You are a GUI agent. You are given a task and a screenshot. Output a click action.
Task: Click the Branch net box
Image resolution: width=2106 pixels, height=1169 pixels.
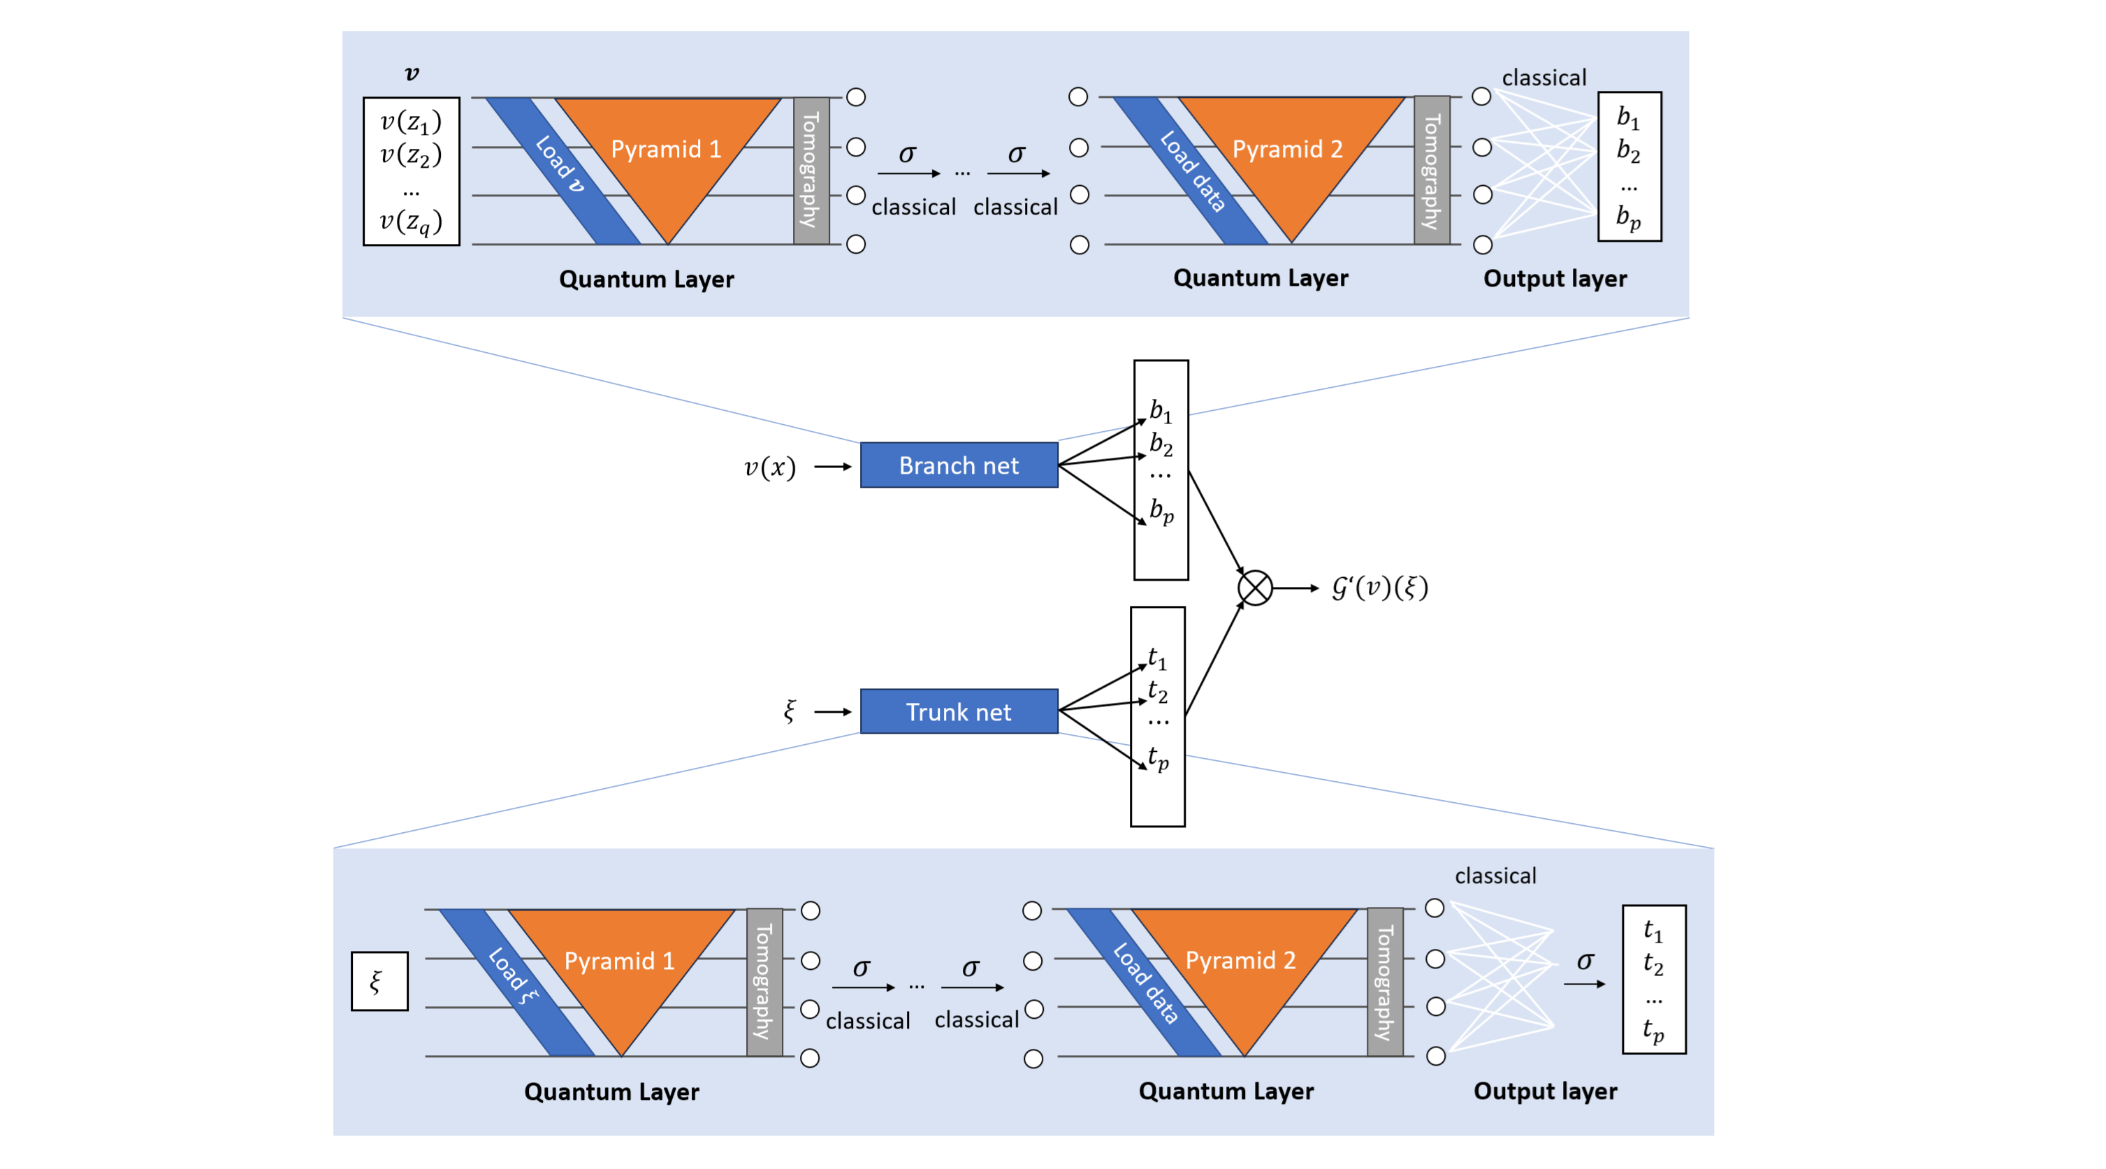coord(958,465)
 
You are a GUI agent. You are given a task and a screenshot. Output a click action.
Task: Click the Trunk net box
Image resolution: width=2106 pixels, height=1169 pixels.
coord(958,711)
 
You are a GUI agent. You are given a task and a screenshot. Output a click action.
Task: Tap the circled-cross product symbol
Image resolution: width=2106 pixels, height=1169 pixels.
coord(1254,588)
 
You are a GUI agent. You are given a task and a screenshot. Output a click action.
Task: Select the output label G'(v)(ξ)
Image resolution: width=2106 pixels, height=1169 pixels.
coord(1379,587)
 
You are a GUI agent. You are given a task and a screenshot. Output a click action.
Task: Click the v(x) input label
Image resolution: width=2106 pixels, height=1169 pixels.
coord(769,467)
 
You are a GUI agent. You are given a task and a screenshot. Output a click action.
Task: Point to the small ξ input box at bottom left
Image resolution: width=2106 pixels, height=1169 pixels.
coord(379,981)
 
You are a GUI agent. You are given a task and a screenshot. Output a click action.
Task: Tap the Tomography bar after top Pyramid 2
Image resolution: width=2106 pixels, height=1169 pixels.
coord(1432,170)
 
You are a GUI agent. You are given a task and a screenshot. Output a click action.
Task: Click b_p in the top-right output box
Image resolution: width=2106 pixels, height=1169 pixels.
coord(1628,217)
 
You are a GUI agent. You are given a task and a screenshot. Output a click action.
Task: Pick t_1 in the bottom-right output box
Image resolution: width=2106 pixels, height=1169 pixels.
coord(1653,930)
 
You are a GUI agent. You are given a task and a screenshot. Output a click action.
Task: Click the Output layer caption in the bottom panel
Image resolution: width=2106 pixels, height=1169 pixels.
coord(1544,1091)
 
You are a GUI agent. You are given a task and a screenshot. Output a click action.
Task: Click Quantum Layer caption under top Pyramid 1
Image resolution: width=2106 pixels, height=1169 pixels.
coord(646,279)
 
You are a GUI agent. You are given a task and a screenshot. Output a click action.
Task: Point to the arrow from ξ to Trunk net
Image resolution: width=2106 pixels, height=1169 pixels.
coord(832,711)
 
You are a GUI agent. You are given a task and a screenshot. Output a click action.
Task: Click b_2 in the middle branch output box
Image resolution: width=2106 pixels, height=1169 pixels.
coord(1160,444)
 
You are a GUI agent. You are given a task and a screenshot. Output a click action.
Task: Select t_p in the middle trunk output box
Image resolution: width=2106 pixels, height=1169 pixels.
coord(1158,758)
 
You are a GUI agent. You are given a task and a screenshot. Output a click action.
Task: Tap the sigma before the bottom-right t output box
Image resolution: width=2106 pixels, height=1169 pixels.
coord(1585,961)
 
